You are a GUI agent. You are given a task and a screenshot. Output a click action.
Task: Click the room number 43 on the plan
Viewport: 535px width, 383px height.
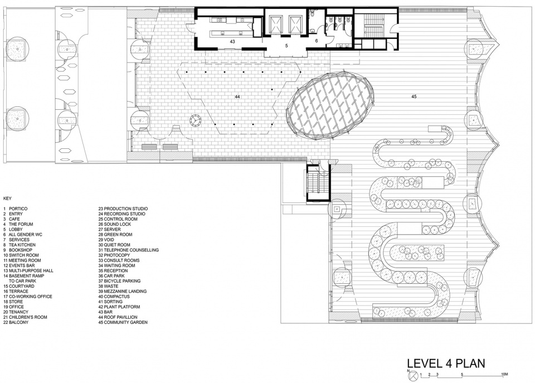[x=232, y=42]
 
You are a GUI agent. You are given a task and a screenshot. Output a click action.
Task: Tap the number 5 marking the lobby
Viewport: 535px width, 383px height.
[x=286, y=46]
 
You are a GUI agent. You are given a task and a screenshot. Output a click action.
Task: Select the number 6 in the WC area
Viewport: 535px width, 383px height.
[x=317, y=41]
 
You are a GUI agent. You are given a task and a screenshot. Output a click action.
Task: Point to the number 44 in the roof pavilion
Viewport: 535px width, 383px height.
[x=237, y=97]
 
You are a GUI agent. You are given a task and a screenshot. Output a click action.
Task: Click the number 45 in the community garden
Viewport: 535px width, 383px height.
[x=414, y=96]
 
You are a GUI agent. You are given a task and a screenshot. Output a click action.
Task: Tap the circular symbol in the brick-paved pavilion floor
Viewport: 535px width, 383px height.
[x=196, y=120]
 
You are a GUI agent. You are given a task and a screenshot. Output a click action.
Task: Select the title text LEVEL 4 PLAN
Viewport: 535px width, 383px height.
[x=446, y=363]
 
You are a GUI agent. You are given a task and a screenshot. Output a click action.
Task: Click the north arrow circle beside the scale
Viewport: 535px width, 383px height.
[x=413, y=375]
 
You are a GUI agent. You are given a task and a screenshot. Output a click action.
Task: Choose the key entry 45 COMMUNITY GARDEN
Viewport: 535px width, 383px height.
[x=123, y=322]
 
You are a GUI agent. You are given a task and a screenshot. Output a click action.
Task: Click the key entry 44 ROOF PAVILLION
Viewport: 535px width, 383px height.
[x=118, y=317]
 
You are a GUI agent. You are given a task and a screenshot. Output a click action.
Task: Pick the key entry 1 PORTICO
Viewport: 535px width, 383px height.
[x=16, y=209]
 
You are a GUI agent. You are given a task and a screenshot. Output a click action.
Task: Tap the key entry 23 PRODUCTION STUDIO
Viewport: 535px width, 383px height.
[x=123, y=209]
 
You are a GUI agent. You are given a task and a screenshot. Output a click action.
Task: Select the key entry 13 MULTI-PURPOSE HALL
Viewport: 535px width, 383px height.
[x=28, y=271]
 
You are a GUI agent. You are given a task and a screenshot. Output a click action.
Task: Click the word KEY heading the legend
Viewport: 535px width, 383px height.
[x=7, y=198]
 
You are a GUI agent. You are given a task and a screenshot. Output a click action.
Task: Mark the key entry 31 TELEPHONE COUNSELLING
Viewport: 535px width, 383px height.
[x=128, y=250]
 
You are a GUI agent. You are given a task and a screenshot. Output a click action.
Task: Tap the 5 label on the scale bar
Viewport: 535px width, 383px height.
[x=462, y=374]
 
